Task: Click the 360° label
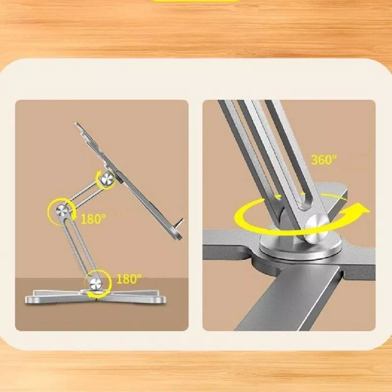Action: coord(324,160)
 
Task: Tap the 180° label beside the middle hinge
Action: coord(94,219)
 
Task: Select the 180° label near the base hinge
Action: coord(129,279)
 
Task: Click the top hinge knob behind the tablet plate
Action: coord(107,179)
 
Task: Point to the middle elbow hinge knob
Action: coord(61,211)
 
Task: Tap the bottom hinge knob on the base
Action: coord(96,284)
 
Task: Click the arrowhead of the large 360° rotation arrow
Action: coord(361,210)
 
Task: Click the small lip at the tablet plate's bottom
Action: coord(179,223)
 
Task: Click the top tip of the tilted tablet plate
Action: coord(76,124)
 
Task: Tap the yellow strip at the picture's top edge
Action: coord(196,1)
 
